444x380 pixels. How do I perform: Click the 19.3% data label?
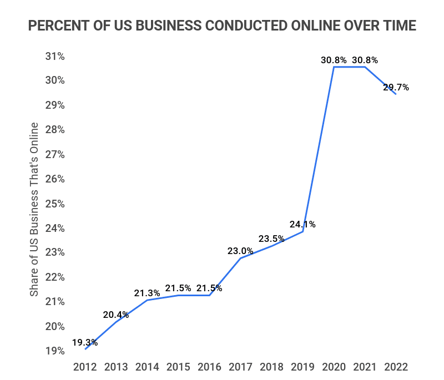85,342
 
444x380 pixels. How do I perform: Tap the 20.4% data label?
116,315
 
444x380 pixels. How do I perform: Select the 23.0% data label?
240,251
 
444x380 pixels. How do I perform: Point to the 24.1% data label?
302,225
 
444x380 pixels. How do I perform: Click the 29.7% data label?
396,87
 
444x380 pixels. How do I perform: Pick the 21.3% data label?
147,293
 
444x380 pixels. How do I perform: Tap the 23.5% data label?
271,239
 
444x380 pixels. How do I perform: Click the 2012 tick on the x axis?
85,367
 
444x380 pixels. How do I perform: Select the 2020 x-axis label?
334,367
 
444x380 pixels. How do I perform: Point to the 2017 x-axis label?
240,367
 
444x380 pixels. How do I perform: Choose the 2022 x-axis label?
396,367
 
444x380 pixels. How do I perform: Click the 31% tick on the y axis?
55,56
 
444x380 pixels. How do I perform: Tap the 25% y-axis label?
55,204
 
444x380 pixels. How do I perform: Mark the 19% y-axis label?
55,351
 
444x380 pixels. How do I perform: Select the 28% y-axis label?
55,130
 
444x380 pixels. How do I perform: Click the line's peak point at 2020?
334,67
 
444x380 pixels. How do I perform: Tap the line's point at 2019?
302,231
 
